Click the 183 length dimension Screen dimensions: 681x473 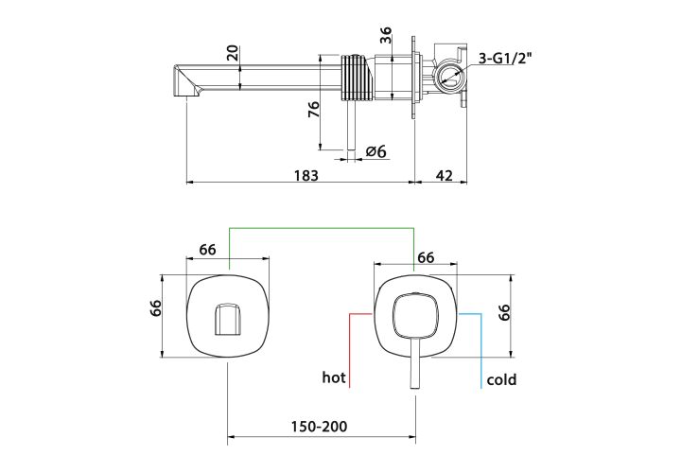pyautogui.click(x=306, y=175)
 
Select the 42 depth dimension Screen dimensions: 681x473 pyautogui.click(x=444, y=175)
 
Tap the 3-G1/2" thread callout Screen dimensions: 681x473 pyautogui.click(x=505, y=59)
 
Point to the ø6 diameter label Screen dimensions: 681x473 pyautogui.click(x=376, y=151)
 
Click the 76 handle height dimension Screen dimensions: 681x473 pyautogui.click(x=314, y=109)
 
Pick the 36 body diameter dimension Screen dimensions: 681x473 pyautogui.click(x=386, y=35)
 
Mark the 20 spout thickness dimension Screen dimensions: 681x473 pyautogui.click(x=233, y=53)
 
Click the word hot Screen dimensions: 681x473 pyautogui.click(x=334, y=377)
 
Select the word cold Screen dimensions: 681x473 pyautogui.click(x=501, y=379)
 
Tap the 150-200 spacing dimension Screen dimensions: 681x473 pyautogui.click(x=320, y=427)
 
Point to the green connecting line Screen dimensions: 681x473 pyautogui.click(x=322, y=228)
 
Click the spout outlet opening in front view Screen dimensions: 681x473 pyautogui.click(x=228, y=319)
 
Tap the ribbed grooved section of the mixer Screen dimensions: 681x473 pyautogui.click(x=357, y=79)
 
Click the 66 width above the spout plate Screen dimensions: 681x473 pyautogui.click(x=207, y=250)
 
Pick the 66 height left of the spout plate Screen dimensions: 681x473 pyautogui.click(x=155, y=308)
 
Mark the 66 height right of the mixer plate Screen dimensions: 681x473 pyautogui.click(x=504, y=312)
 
